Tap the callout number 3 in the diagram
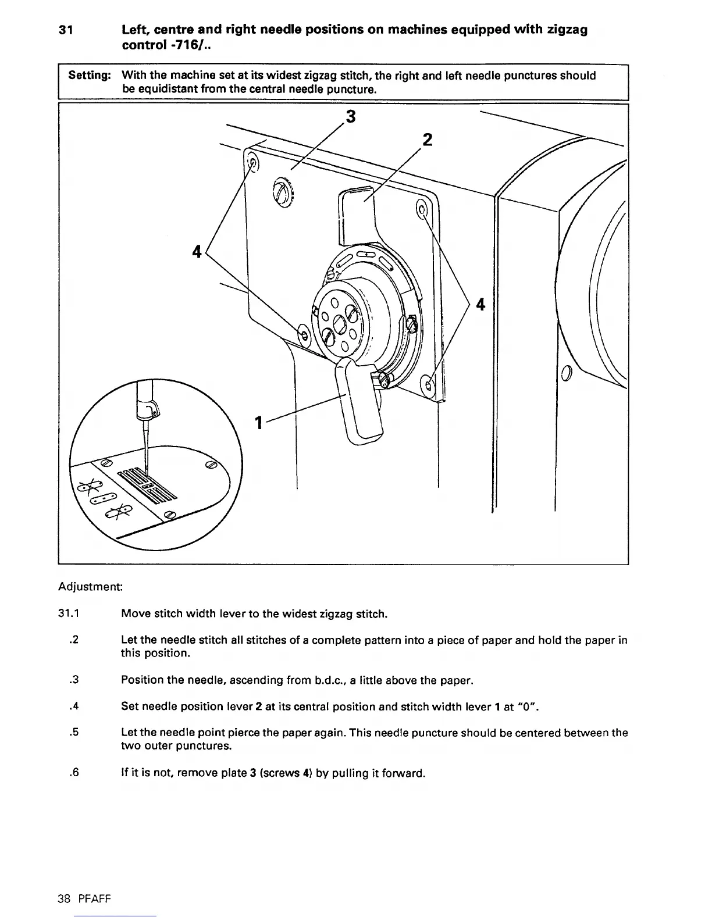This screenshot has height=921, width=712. click(350, 116)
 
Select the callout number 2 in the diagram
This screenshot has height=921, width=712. click(428, 140)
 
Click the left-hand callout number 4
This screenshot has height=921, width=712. click(197, 252)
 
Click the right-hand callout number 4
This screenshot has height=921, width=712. click(480, 304)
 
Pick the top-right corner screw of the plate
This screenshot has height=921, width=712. click(422, 210)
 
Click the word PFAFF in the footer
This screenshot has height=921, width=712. click(93, 899)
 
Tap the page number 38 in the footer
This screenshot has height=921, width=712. click(64, 899)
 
